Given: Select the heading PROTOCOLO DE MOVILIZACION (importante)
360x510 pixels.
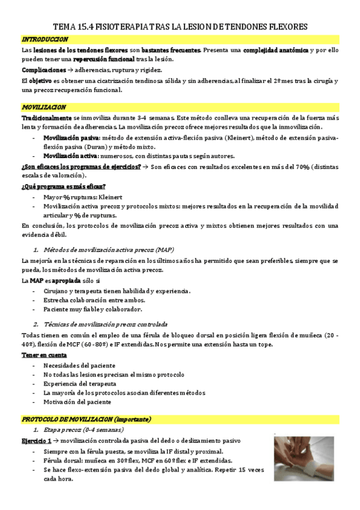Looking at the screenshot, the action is click(87, 419).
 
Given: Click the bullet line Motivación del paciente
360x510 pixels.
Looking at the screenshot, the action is click(77, 402).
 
